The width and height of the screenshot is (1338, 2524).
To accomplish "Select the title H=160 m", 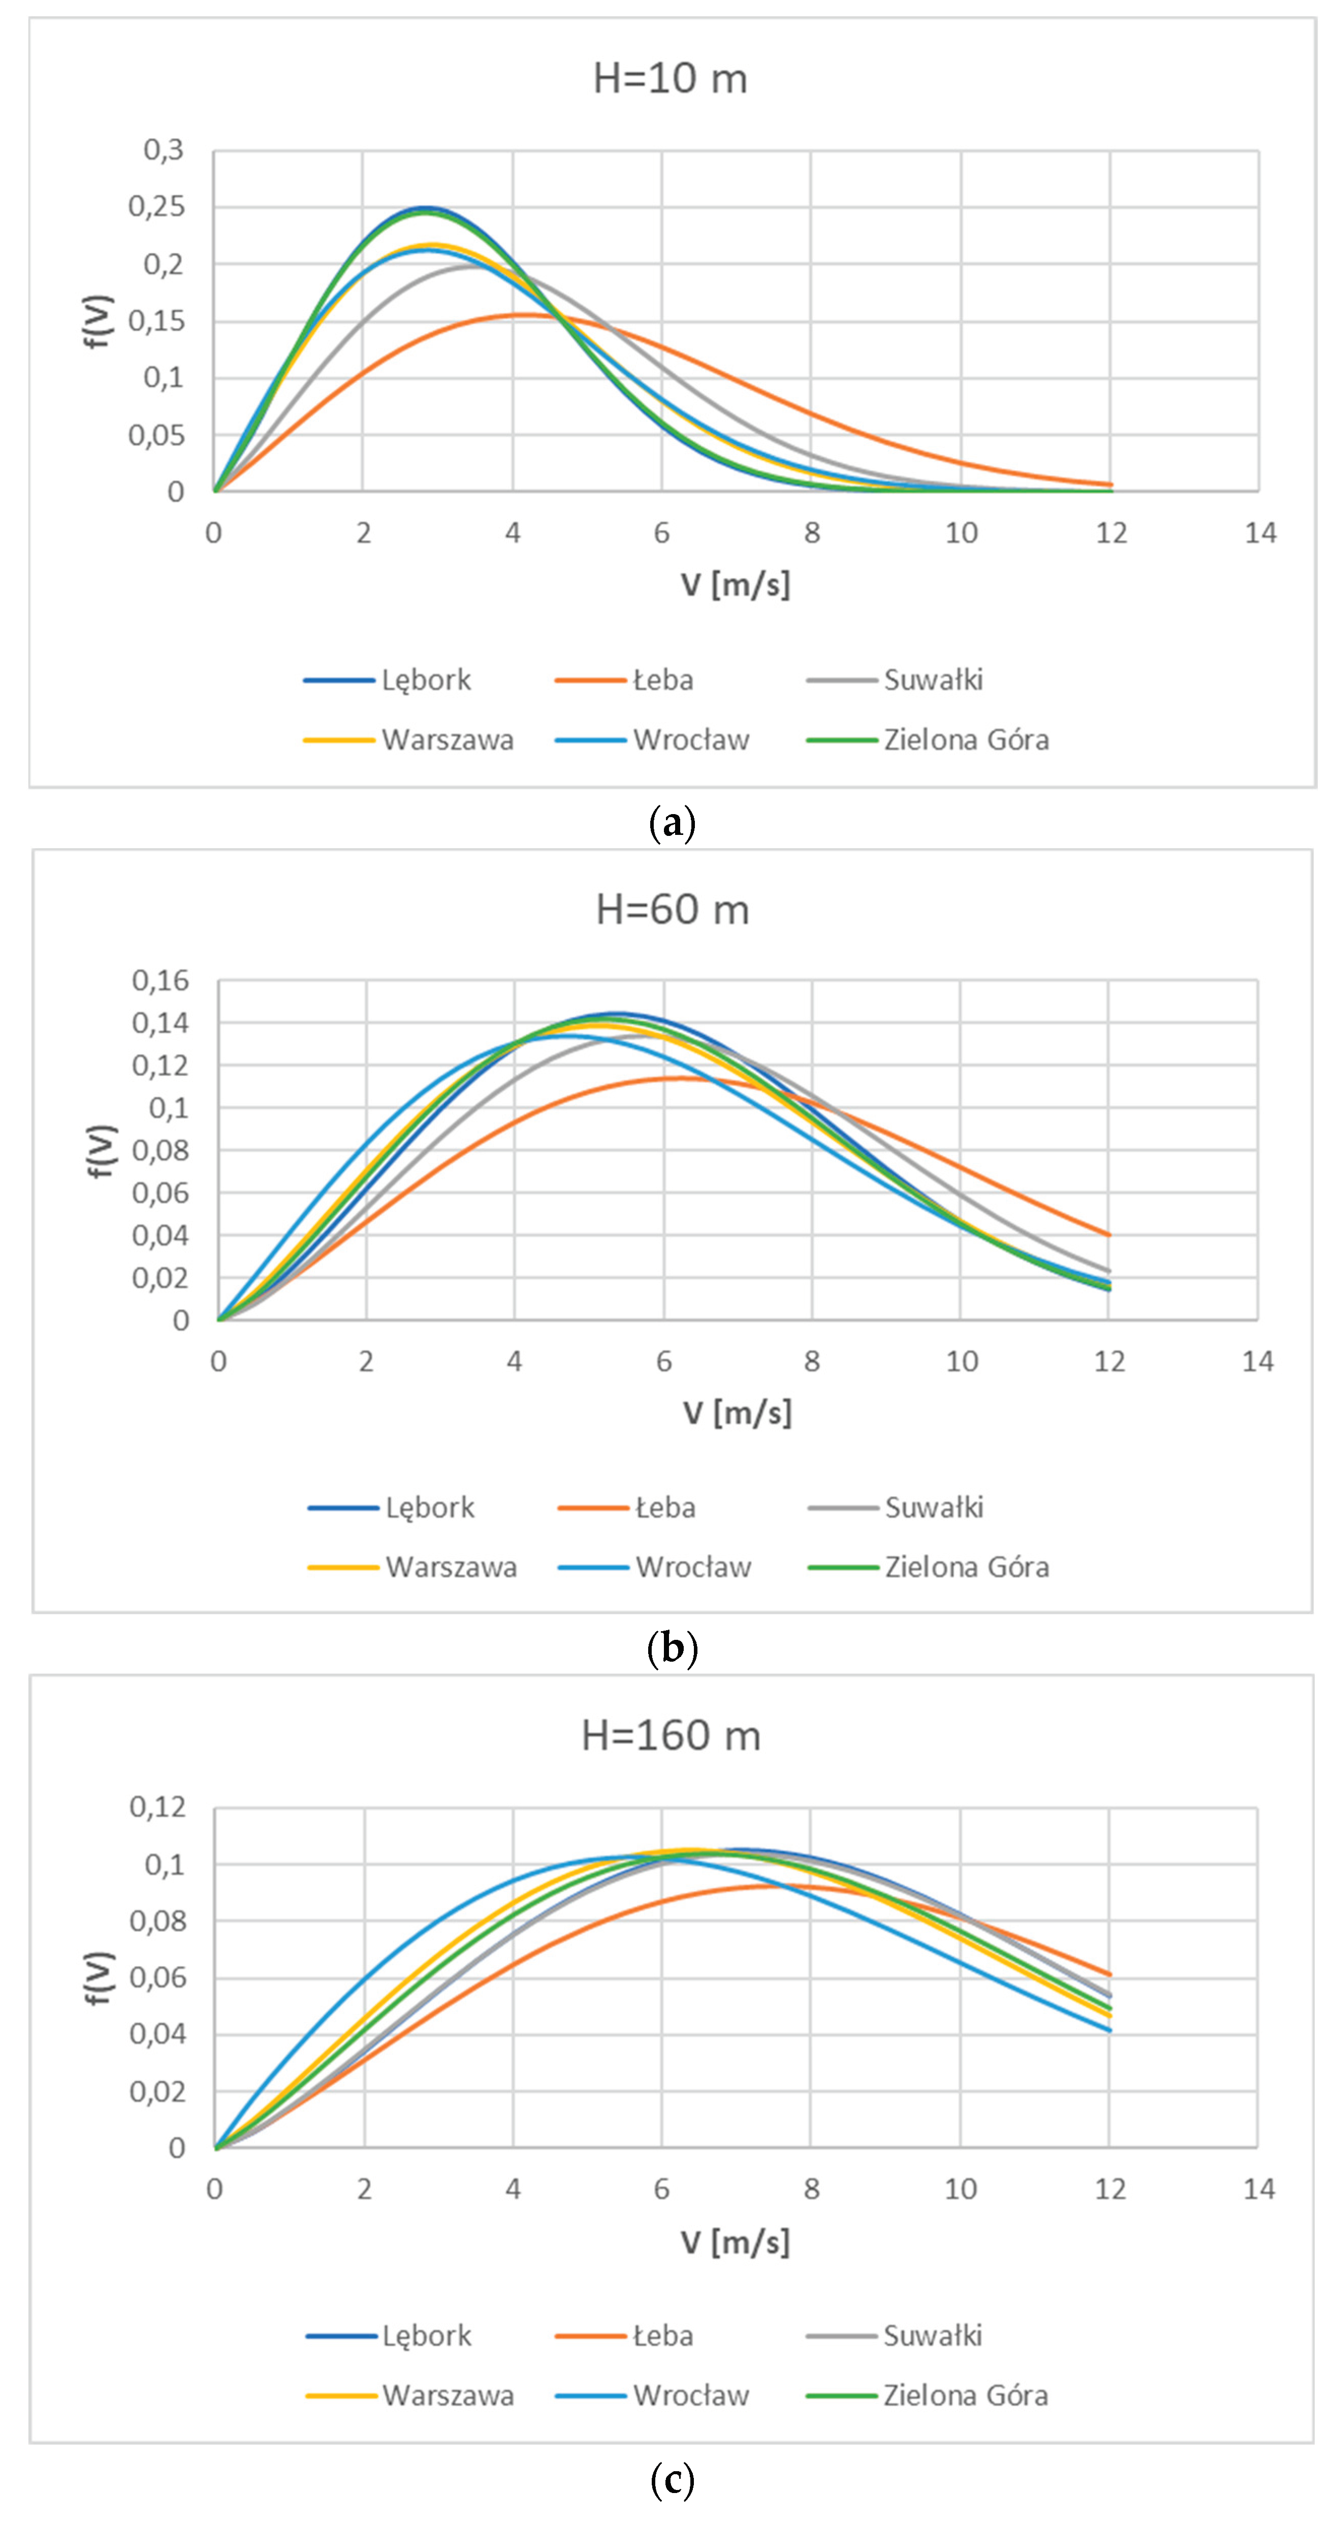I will click(x=671, y=1735).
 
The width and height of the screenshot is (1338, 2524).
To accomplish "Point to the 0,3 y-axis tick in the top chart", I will click(x=164, y=150).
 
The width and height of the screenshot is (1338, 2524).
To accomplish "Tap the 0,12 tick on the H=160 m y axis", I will click(x=158, y=1807).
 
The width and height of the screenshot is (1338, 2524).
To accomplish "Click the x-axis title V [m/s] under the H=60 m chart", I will click(x=737, y=1413).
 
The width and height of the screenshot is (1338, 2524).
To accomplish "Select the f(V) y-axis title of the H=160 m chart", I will click(x=99, y=1978).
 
